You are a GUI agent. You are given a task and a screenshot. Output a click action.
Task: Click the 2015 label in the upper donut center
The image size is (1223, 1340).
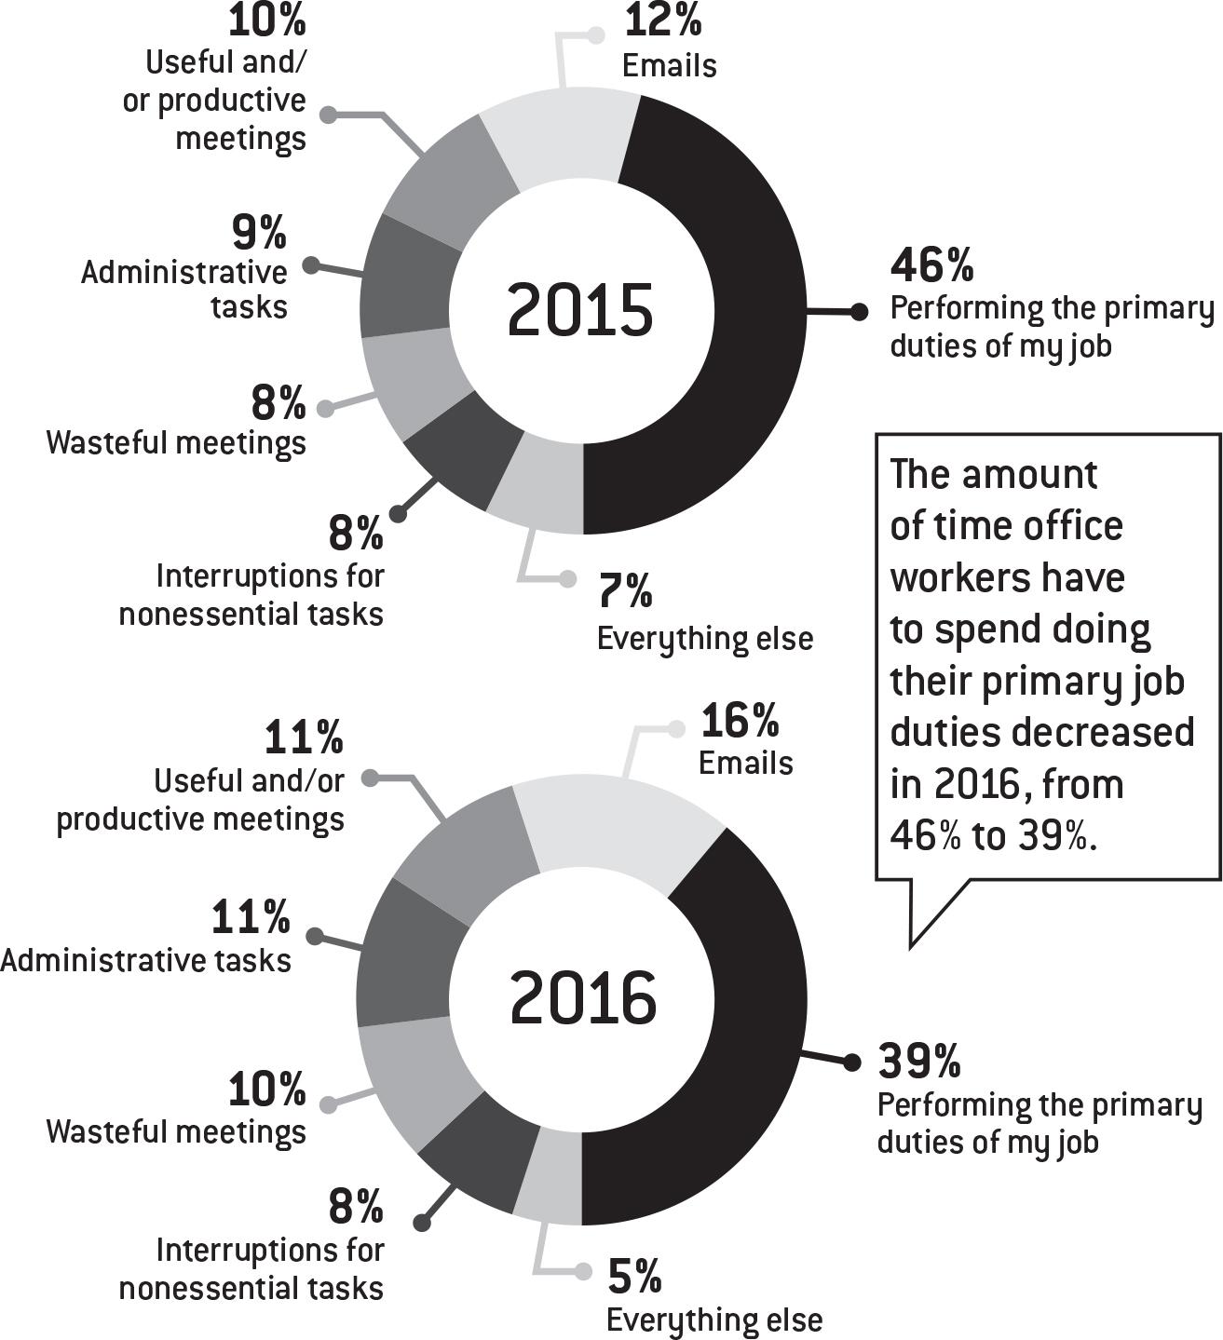[x=580, y=310]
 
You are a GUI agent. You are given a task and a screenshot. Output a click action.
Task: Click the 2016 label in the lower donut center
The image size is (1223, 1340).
[x=583, y=998]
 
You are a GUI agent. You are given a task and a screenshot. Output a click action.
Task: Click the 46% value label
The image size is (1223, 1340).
[x=931, y=265]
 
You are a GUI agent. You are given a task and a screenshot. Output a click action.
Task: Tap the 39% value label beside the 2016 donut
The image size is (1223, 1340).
[x=919, y=1060]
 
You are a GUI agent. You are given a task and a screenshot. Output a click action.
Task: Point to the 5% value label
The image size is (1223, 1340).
[x=634, y=1277]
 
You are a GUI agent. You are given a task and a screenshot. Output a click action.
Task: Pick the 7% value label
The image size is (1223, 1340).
[x=625, y=591]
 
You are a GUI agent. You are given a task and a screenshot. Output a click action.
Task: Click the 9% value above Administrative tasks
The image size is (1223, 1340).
[x=258, y=233]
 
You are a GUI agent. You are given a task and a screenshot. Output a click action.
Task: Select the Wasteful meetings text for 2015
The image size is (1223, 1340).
[x=176, y=442]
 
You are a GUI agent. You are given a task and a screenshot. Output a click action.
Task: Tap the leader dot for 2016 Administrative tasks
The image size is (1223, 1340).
[x=316, y=936]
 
